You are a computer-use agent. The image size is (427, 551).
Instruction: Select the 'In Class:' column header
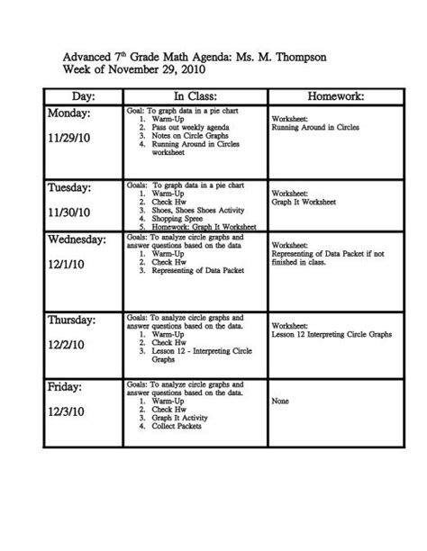pos(192,94)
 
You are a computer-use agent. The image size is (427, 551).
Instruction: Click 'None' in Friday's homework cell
pos(280,403)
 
